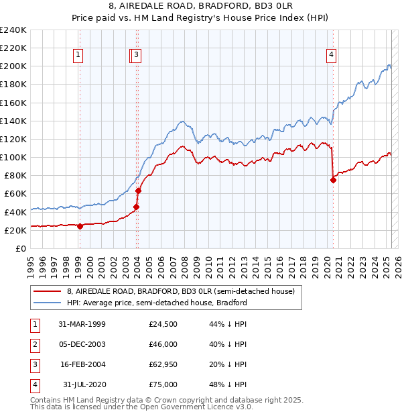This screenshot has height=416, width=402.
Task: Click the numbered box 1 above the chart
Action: click(79, 56)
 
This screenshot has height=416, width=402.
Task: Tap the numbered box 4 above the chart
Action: click(332, 56)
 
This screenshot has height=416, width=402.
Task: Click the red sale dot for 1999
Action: click(80, 226)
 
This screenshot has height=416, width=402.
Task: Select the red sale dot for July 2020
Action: click(333, 180)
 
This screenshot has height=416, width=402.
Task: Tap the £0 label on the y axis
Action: click(20, 248)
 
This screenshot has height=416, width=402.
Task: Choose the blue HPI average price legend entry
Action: click(157, 303)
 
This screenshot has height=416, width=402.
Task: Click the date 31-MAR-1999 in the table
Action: click(82, 325)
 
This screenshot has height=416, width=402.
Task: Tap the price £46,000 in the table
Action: click(163, 345)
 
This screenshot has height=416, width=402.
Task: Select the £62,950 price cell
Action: click(163, 364)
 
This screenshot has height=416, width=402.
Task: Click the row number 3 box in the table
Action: click(33, 364)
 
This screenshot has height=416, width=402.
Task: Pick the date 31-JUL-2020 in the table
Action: click(83, 384)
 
